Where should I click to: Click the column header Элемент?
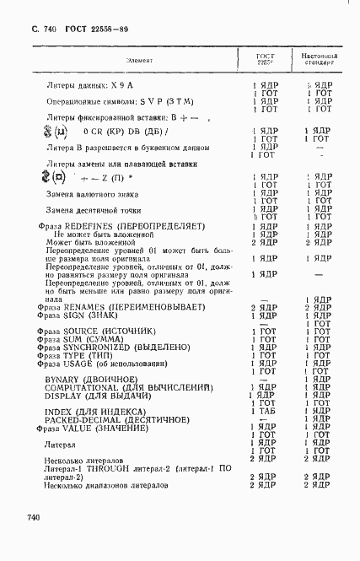tap(139, 60)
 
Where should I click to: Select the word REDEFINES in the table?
tap(89, 227)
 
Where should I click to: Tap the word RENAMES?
tap(85, 307)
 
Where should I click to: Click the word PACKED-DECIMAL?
tap(84, 419)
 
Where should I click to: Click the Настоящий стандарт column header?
tap(319, 59)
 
